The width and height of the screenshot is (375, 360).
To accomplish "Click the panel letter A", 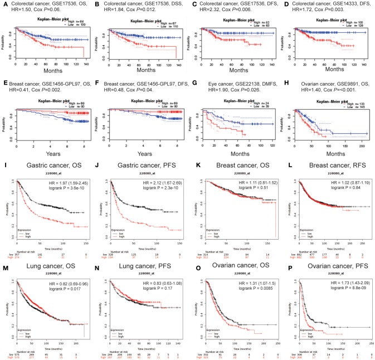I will (3, 3).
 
